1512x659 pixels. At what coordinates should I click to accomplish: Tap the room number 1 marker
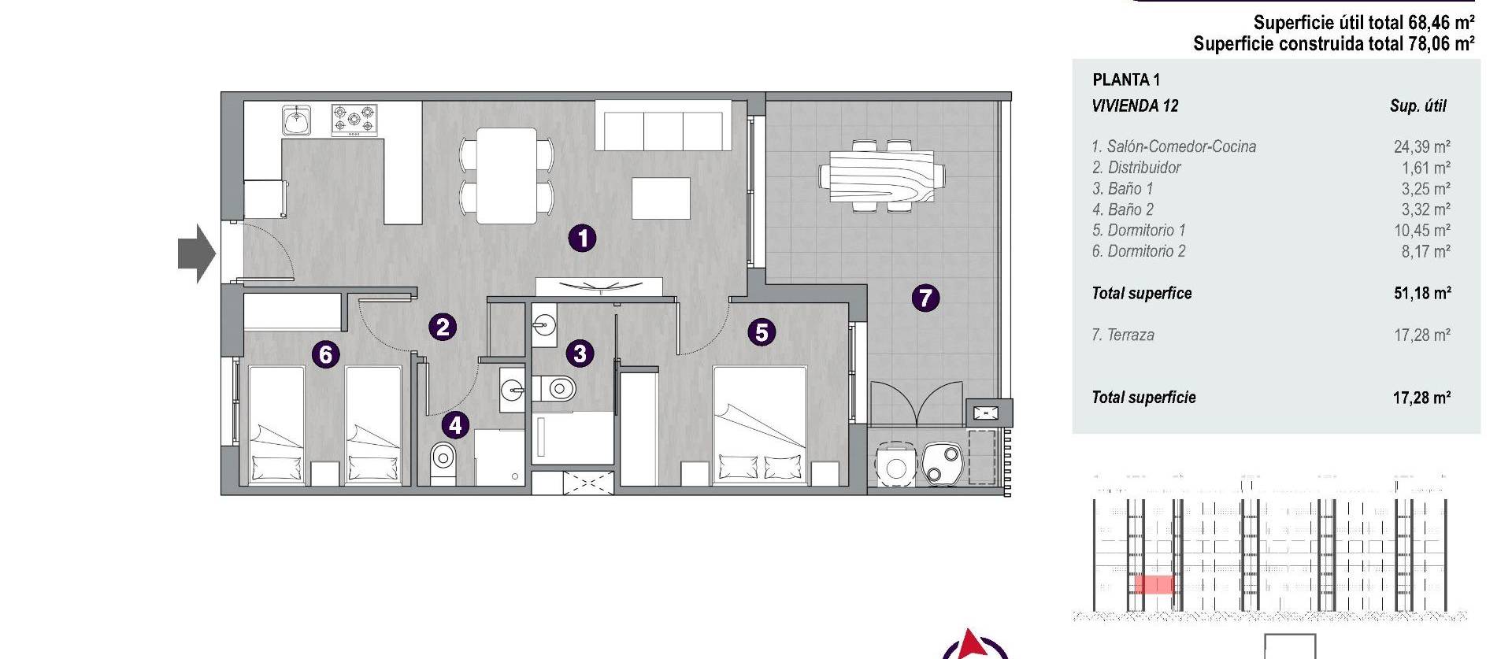[582, 238]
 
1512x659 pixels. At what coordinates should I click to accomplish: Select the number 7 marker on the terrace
[925, 298]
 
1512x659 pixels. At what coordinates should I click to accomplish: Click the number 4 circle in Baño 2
[455, 425]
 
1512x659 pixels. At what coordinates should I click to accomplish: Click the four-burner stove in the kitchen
[354, 120]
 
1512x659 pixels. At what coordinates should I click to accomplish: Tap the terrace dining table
[882, 176]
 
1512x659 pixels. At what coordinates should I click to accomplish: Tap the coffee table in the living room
[661, 198]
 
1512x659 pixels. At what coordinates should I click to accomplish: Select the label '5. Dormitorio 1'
[1138, 231]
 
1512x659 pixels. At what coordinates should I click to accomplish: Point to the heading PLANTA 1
[1126, 80]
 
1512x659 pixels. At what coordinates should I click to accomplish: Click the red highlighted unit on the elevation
[1153, 584]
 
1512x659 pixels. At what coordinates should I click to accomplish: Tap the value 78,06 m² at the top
[1441, 44]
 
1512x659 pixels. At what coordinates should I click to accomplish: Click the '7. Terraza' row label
[1123, 335]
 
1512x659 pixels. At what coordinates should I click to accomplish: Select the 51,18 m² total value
[1422, 294]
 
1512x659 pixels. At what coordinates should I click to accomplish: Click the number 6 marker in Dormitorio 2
[325, 354]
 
